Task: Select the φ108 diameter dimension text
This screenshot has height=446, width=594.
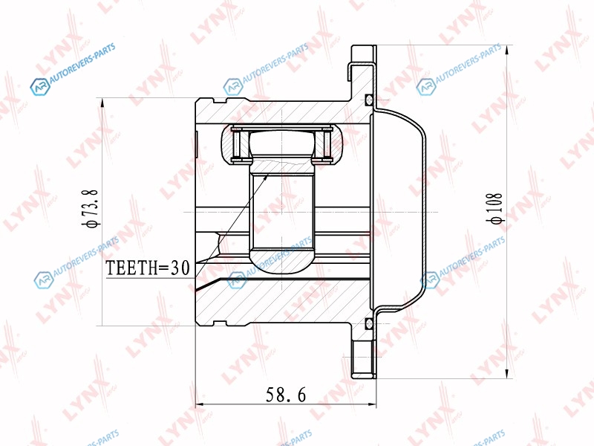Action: [496, 208]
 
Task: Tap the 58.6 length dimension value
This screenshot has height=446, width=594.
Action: [286, 395]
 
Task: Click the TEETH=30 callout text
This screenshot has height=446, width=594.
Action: [147, 268]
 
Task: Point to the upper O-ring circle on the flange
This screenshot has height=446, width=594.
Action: [368, 100]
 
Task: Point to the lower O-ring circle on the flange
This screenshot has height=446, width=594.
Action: [368, 323]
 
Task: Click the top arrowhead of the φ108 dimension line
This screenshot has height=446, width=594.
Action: [507, 49]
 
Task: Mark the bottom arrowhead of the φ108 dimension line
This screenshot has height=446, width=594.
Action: [507, 375]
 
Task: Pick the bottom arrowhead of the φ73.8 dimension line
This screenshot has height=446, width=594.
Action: [102, 321]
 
